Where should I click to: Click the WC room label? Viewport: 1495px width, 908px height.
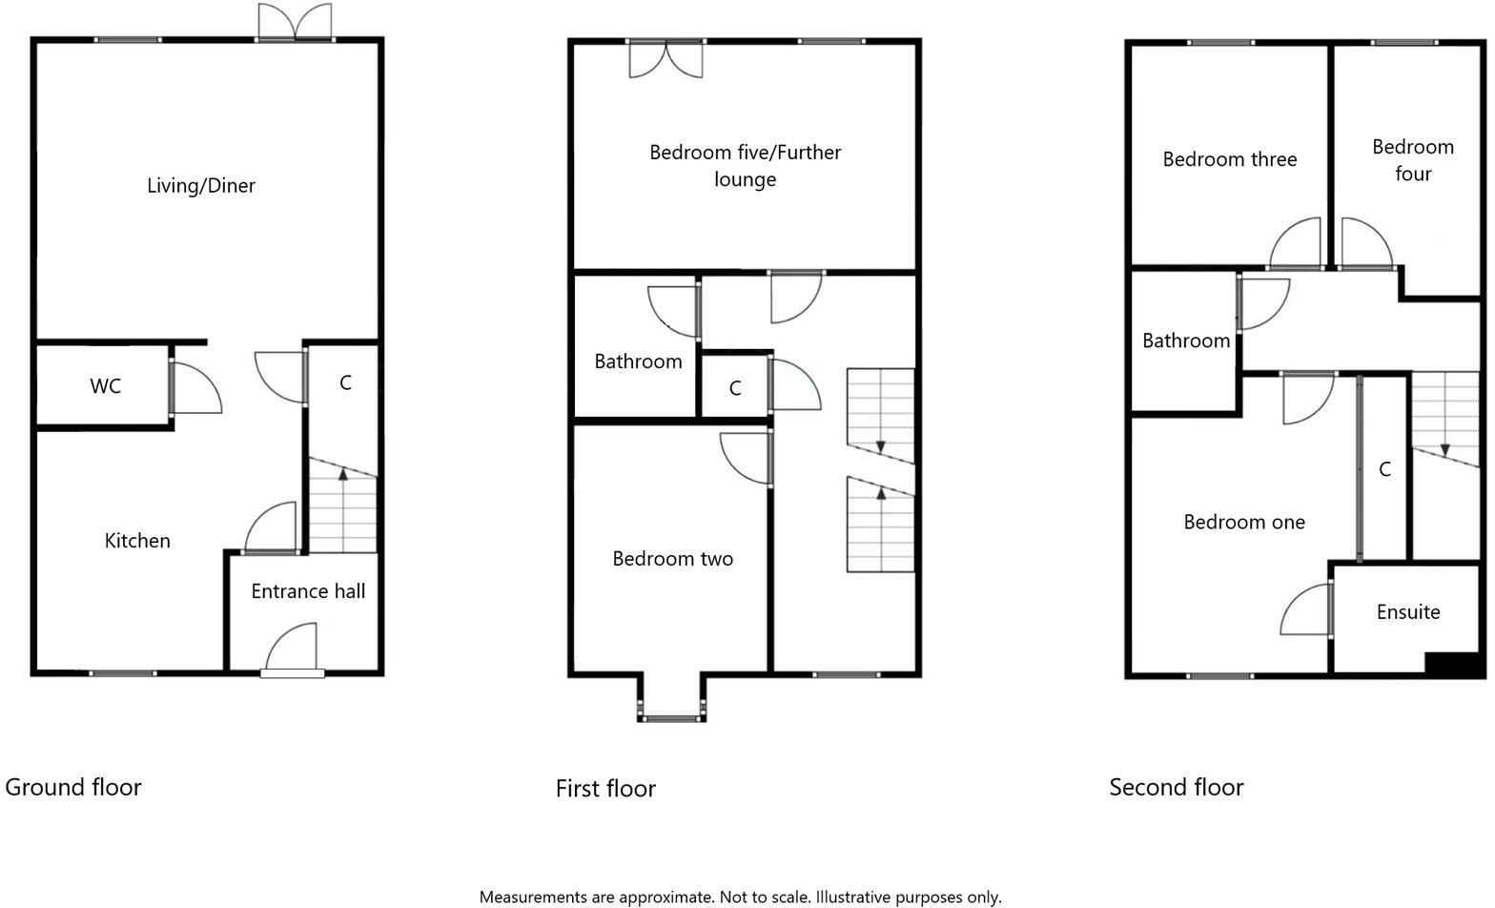click(x=105, y=386)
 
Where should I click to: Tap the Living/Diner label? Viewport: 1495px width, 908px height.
click(x=201, y=186)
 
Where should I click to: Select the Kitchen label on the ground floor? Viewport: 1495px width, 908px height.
click(x=137, y=541)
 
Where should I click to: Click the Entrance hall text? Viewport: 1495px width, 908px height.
click(x=308, y=591)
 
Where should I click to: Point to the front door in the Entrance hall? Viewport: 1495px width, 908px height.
click(x=292, y=650)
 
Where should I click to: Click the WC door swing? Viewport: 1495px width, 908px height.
click(x=197, y=387)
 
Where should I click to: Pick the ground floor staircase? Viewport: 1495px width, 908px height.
click(x=343, y=506)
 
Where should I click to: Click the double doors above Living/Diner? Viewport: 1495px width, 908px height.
click(x=296, y=22)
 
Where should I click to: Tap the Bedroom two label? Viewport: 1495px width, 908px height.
click(x=672, y=559)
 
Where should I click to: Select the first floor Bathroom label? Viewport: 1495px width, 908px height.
click(x=638, y=361)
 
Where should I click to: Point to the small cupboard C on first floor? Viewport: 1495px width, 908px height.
click(x=735, y=388)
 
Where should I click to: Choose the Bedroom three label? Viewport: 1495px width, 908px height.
click(x=1229, y=159)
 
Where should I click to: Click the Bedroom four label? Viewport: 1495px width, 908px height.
click(x=1413, y=160)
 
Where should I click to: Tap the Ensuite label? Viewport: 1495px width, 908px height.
click(x=1408, y=612)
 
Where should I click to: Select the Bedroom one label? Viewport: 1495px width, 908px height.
click(x=1244, y=522)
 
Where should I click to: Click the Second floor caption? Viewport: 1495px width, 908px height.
click(x=1177, y=787)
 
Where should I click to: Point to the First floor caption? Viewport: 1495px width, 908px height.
click(x=605, y=789)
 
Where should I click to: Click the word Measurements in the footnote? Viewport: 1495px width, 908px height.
click(x=533, y=898)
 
